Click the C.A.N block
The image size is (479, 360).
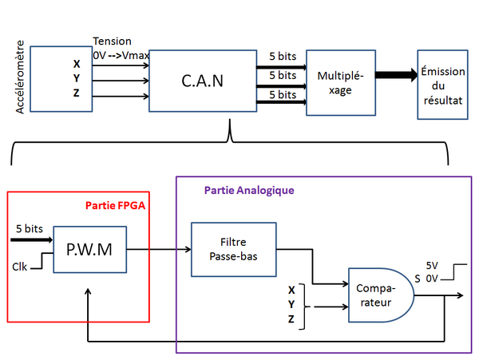coord(202,81)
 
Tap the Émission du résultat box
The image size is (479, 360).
coord(443,83)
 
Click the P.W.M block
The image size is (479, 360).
coord(89,249)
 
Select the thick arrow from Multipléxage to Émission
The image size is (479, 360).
coord(396,76)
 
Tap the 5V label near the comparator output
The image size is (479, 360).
coord(433,267)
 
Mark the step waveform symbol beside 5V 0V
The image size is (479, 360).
coord(455,273)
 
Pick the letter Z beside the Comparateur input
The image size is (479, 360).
coord(291,319)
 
